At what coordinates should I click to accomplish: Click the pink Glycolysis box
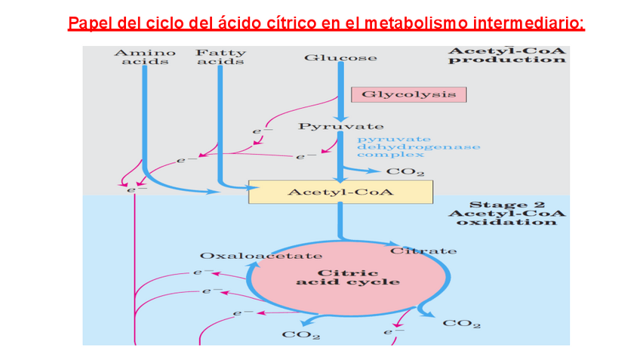(408, 94)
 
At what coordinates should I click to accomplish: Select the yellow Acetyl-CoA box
(341, 192)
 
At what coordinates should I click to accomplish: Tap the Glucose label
(340, 57)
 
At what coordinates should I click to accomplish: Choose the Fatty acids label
(220, 57)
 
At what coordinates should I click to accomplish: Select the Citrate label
(423, 251)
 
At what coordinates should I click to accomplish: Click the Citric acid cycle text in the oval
(348, 277)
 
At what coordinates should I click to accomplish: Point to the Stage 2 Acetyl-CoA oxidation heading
(506, 213)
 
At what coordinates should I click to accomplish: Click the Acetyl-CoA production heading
(506, 56)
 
